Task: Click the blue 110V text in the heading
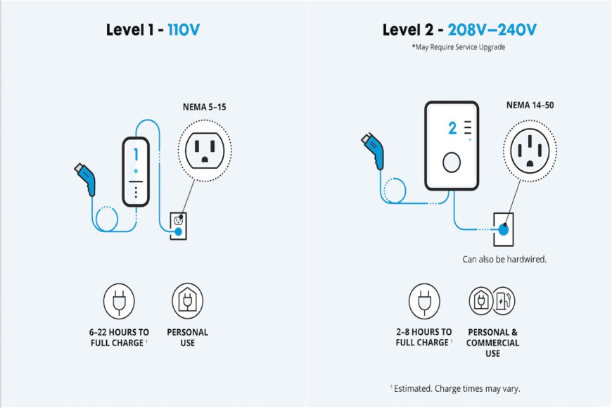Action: [184, 30]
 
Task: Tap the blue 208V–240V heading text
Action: [492, 30]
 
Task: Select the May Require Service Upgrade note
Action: [458, 47]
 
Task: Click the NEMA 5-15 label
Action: [205, 107]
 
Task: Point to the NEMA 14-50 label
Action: [530, 106]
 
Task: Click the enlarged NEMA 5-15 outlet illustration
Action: [205, 151]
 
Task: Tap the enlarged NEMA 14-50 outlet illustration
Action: [530, 151]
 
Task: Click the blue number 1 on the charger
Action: [136, 155]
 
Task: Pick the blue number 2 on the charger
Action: [452, 128]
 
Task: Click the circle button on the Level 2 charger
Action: [452, 162]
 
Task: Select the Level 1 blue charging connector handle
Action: [86, 179]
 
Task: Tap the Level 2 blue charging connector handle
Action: [373, 151]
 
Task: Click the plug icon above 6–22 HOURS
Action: [119, 301]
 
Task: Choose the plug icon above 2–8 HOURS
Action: [424, 301]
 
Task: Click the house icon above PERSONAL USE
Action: [188, 301]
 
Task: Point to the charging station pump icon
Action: [504, 301]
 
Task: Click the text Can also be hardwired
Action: [504, 260]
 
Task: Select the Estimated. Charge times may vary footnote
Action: [455, 388]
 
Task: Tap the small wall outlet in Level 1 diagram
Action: [179, 226]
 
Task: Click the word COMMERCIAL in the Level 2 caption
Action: [492, 343]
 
